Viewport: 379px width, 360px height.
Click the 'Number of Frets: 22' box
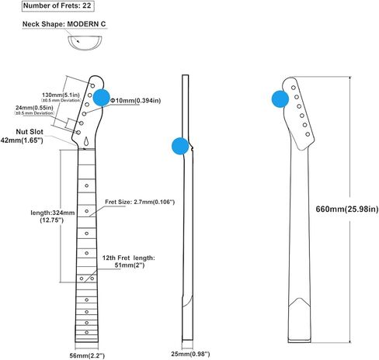coord(57,6)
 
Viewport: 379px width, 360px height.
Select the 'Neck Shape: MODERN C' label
coord(64,24)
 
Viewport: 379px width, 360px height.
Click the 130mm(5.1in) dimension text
coord(61,95)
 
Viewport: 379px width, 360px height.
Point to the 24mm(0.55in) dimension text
coord(34,107)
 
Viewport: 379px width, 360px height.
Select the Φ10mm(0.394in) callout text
coord(136,100)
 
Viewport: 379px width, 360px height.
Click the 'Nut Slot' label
coord(30,132)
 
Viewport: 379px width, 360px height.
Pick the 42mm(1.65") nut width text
coord(22,140)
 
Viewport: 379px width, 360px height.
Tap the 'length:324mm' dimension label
coord(53,213)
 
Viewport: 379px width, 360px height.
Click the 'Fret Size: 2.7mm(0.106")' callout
coord(140,202)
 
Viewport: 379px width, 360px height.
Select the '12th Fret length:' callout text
coord(128,258)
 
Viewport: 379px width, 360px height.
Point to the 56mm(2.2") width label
coord(87,355)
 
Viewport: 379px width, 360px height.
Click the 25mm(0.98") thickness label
coord(190,354)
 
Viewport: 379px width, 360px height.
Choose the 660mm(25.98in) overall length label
coord(347,209)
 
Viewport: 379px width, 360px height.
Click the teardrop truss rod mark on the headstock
coord(87,141)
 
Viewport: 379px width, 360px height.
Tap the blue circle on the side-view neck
coord(180,146)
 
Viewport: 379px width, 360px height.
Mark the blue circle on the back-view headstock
coord(280,99)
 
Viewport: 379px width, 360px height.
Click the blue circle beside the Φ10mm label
coord(102,98)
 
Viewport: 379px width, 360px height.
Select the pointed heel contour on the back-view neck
coord(300,302)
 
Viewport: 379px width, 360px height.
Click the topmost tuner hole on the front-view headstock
coord(92,85)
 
